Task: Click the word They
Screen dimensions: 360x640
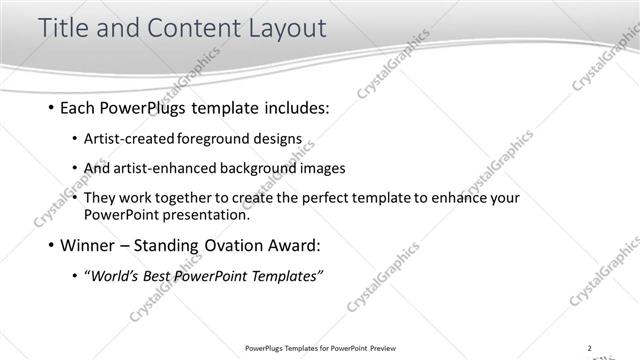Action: [101, 198]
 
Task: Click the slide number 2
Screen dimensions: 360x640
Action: [590, 348]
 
